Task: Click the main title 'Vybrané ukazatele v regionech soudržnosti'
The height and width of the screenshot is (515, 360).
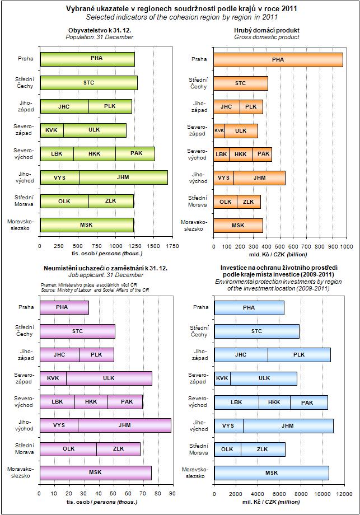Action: coord(180,10)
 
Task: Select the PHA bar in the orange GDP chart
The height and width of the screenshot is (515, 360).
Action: coord(278,59)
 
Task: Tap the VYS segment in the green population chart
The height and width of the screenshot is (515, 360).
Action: coord(60,177)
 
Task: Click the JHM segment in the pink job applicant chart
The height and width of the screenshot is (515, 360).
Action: coord(125,425)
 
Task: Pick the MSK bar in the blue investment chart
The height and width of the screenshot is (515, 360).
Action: coord(272,473)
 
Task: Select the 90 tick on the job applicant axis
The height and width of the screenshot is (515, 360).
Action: coord(172,494)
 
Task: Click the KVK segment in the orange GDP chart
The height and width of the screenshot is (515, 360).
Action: coord(219,130)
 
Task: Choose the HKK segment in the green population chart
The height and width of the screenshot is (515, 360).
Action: coord(95,153)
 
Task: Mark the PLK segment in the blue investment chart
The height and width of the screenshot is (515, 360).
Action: coord(299,355)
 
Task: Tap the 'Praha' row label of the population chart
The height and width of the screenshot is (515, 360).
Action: coord(26,59)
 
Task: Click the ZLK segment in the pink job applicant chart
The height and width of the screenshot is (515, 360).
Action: coord(119,449)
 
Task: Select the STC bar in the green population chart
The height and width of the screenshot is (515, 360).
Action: coord(89,83)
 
